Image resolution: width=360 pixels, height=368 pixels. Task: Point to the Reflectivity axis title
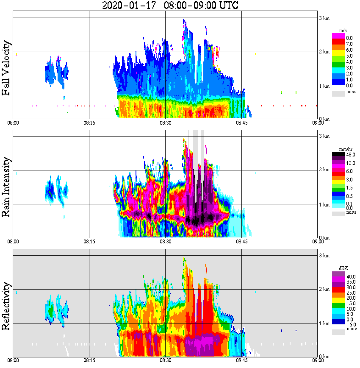click(x=6, y=307)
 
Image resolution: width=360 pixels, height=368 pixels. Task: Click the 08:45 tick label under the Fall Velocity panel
click(x=241, y=123)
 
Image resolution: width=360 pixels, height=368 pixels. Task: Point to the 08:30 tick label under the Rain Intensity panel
click(x=165, y=242)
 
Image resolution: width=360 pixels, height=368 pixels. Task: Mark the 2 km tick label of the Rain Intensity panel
click(x=324, y=170)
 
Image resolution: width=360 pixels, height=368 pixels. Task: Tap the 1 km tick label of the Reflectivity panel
click(x=324, y=323)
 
